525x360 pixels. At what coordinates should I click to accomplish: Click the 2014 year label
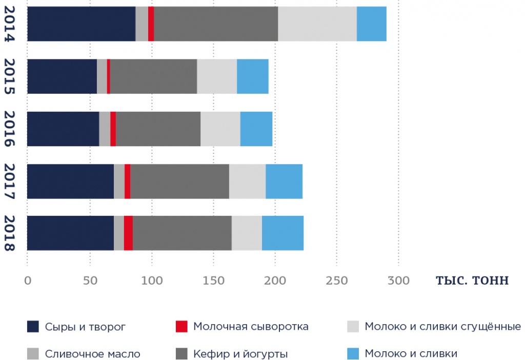pos(10,24)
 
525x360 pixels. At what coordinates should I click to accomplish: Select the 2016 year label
pos(10,129)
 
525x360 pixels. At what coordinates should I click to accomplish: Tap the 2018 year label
pos(10,233)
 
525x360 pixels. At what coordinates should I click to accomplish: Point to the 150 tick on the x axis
pos(213,281)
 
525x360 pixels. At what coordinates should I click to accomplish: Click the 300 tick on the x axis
pos(398,281)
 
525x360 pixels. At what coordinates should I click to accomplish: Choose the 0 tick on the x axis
pos(27,281)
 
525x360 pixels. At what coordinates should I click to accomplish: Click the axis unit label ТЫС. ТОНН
pos(472,281)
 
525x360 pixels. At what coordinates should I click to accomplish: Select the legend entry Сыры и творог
pos(85,327)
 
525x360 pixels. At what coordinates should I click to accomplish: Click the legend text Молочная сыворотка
pos(251,327)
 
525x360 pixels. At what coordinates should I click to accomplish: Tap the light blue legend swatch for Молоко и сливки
pos(353,354)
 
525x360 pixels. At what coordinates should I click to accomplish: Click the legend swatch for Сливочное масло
pos(33,354)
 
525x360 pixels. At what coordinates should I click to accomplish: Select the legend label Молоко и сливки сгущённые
pos(442,327)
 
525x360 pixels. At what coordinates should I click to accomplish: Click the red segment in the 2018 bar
pos(128,233)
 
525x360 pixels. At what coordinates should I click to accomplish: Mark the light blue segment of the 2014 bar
pos(371,24)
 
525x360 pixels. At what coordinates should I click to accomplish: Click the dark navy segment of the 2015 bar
pos(62,76)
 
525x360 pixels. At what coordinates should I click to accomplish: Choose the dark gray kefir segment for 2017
pos(179,181)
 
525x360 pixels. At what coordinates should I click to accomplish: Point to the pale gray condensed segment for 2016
pos(220,129)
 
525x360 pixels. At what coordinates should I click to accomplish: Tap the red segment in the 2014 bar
pos(151,24)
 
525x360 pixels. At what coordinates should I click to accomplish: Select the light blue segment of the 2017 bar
pos(284,181)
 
